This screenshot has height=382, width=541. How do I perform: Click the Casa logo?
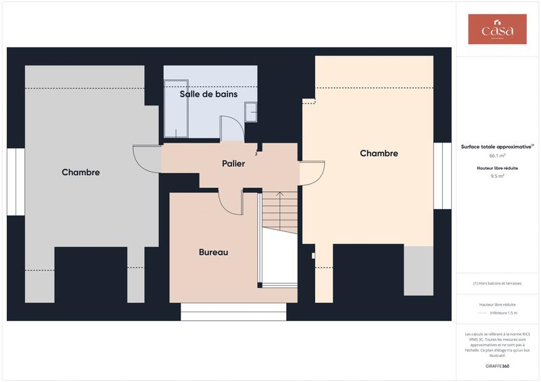[497, 30]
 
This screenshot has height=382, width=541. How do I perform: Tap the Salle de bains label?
[208, 94]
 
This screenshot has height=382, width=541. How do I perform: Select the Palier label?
[233, 164]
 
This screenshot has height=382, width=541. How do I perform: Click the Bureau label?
[213, 252]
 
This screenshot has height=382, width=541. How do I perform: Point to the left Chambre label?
[80, 172]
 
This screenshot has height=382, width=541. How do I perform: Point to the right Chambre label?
[379, 153]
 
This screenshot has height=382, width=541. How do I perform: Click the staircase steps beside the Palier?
[280, 211]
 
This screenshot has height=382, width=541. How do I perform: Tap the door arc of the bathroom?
[231, 128]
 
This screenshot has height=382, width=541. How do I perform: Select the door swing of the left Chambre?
[145, 158]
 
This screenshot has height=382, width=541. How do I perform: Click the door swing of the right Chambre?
[312, 173]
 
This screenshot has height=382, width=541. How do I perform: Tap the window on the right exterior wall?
[442, 176]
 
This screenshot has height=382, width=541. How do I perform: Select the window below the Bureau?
[233, 312]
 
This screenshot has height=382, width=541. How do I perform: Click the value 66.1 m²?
[497, 155]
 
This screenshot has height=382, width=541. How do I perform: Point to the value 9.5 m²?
[497, 176]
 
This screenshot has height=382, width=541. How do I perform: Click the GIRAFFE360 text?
[497, 365]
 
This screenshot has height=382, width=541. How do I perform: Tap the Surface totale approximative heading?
[497, 146]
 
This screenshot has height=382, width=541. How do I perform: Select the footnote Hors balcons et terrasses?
[497, 283]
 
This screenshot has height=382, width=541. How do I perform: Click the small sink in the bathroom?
[251, 111]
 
